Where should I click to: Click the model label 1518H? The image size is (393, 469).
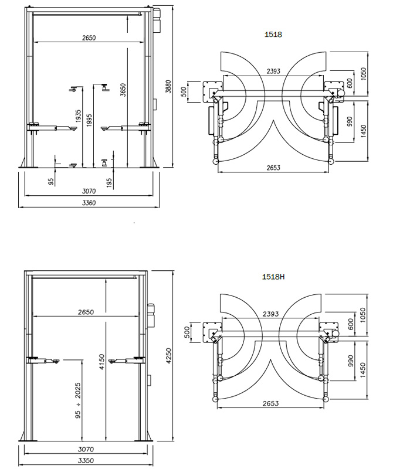(274, 276)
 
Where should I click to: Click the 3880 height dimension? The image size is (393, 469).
(168, 87)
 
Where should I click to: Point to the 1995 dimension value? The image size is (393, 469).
(89, 120)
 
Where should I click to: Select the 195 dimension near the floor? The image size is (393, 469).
(110, 183)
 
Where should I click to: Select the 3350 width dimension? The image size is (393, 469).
(86, 461)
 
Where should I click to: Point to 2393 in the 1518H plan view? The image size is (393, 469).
(271, 314)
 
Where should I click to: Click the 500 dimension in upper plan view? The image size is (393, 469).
(184, 92)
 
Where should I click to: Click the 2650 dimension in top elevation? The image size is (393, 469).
(89, 38)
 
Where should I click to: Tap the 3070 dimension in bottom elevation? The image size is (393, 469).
(86, 449)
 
